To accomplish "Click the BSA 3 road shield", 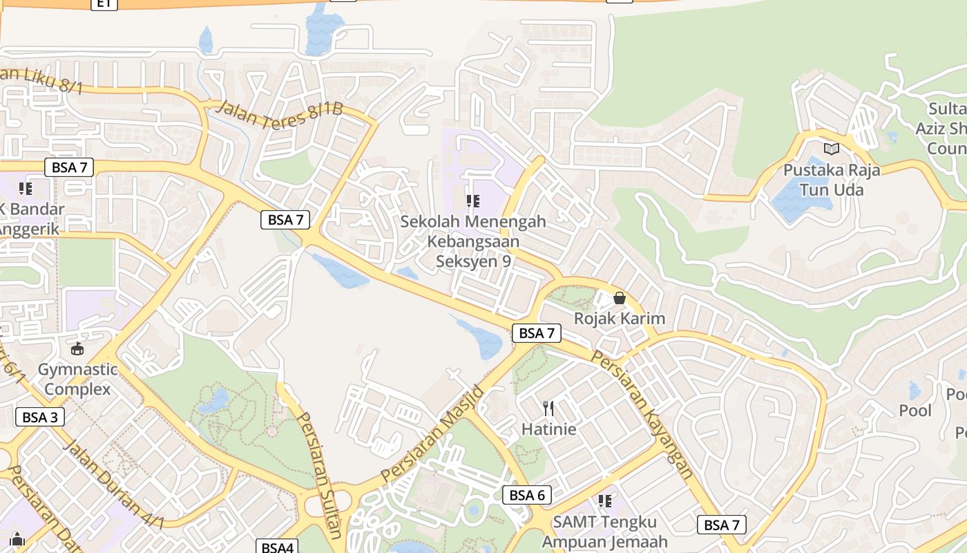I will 40,417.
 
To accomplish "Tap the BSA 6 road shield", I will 528,495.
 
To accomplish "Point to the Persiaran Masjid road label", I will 434,434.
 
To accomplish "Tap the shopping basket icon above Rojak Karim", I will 620,298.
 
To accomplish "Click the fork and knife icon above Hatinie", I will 548,409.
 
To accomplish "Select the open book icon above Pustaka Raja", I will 832,149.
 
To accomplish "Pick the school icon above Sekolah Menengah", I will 473,201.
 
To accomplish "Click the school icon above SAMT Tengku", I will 605,500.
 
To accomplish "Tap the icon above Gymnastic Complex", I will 77,349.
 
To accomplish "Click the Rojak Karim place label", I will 620,319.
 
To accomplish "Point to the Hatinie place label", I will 548,429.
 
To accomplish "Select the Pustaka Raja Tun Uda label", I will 832,180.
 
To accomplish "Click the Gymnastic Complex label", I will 77,379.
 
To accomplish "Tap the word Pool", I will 915,411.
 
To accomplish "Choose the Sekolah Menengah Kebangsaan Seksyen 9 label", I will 473,241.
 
